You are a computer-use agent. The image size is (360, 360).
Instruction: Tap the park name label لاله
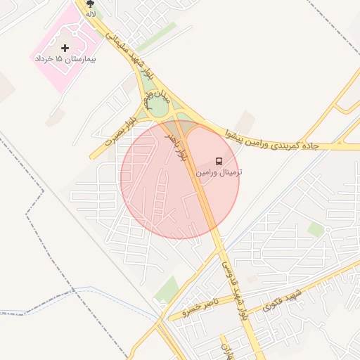pos(90,13)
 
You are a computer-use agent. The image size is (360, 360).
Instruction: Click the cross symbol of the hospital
pos(65,48)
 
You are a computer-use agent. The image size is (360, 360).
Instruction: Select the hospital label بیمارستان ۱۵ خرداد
pos(65,59)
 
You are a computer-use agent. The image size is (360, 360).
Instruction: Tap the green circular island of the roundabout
pos(157,108)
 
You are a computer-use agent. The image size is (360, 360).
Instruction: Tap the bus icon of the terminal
pos(218,161)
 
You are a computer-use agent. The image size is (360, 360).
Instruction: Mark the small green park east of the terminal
pos(316,229)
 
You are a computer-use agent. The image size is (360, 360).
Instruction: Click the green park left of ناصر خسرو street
pos(167,288)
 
